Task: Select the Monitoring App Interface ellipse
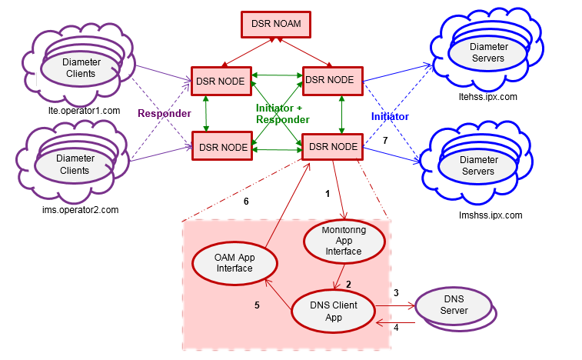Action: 343,241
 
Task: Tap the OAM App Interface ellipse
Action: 234,263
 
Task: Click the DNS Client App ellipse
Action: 334,311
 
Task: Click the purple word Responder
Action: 164,114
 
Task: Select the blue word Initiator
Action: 390,116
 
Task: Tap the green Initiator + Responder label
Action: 282,114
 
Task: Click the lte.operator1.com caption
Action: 85,111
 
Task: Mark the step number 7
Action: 385,142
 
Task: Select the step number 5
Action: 258,304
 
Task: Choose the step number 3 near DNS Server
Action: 396,293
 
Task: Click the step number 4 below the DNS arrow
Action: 397,327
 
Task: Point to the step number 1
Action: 328,194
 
